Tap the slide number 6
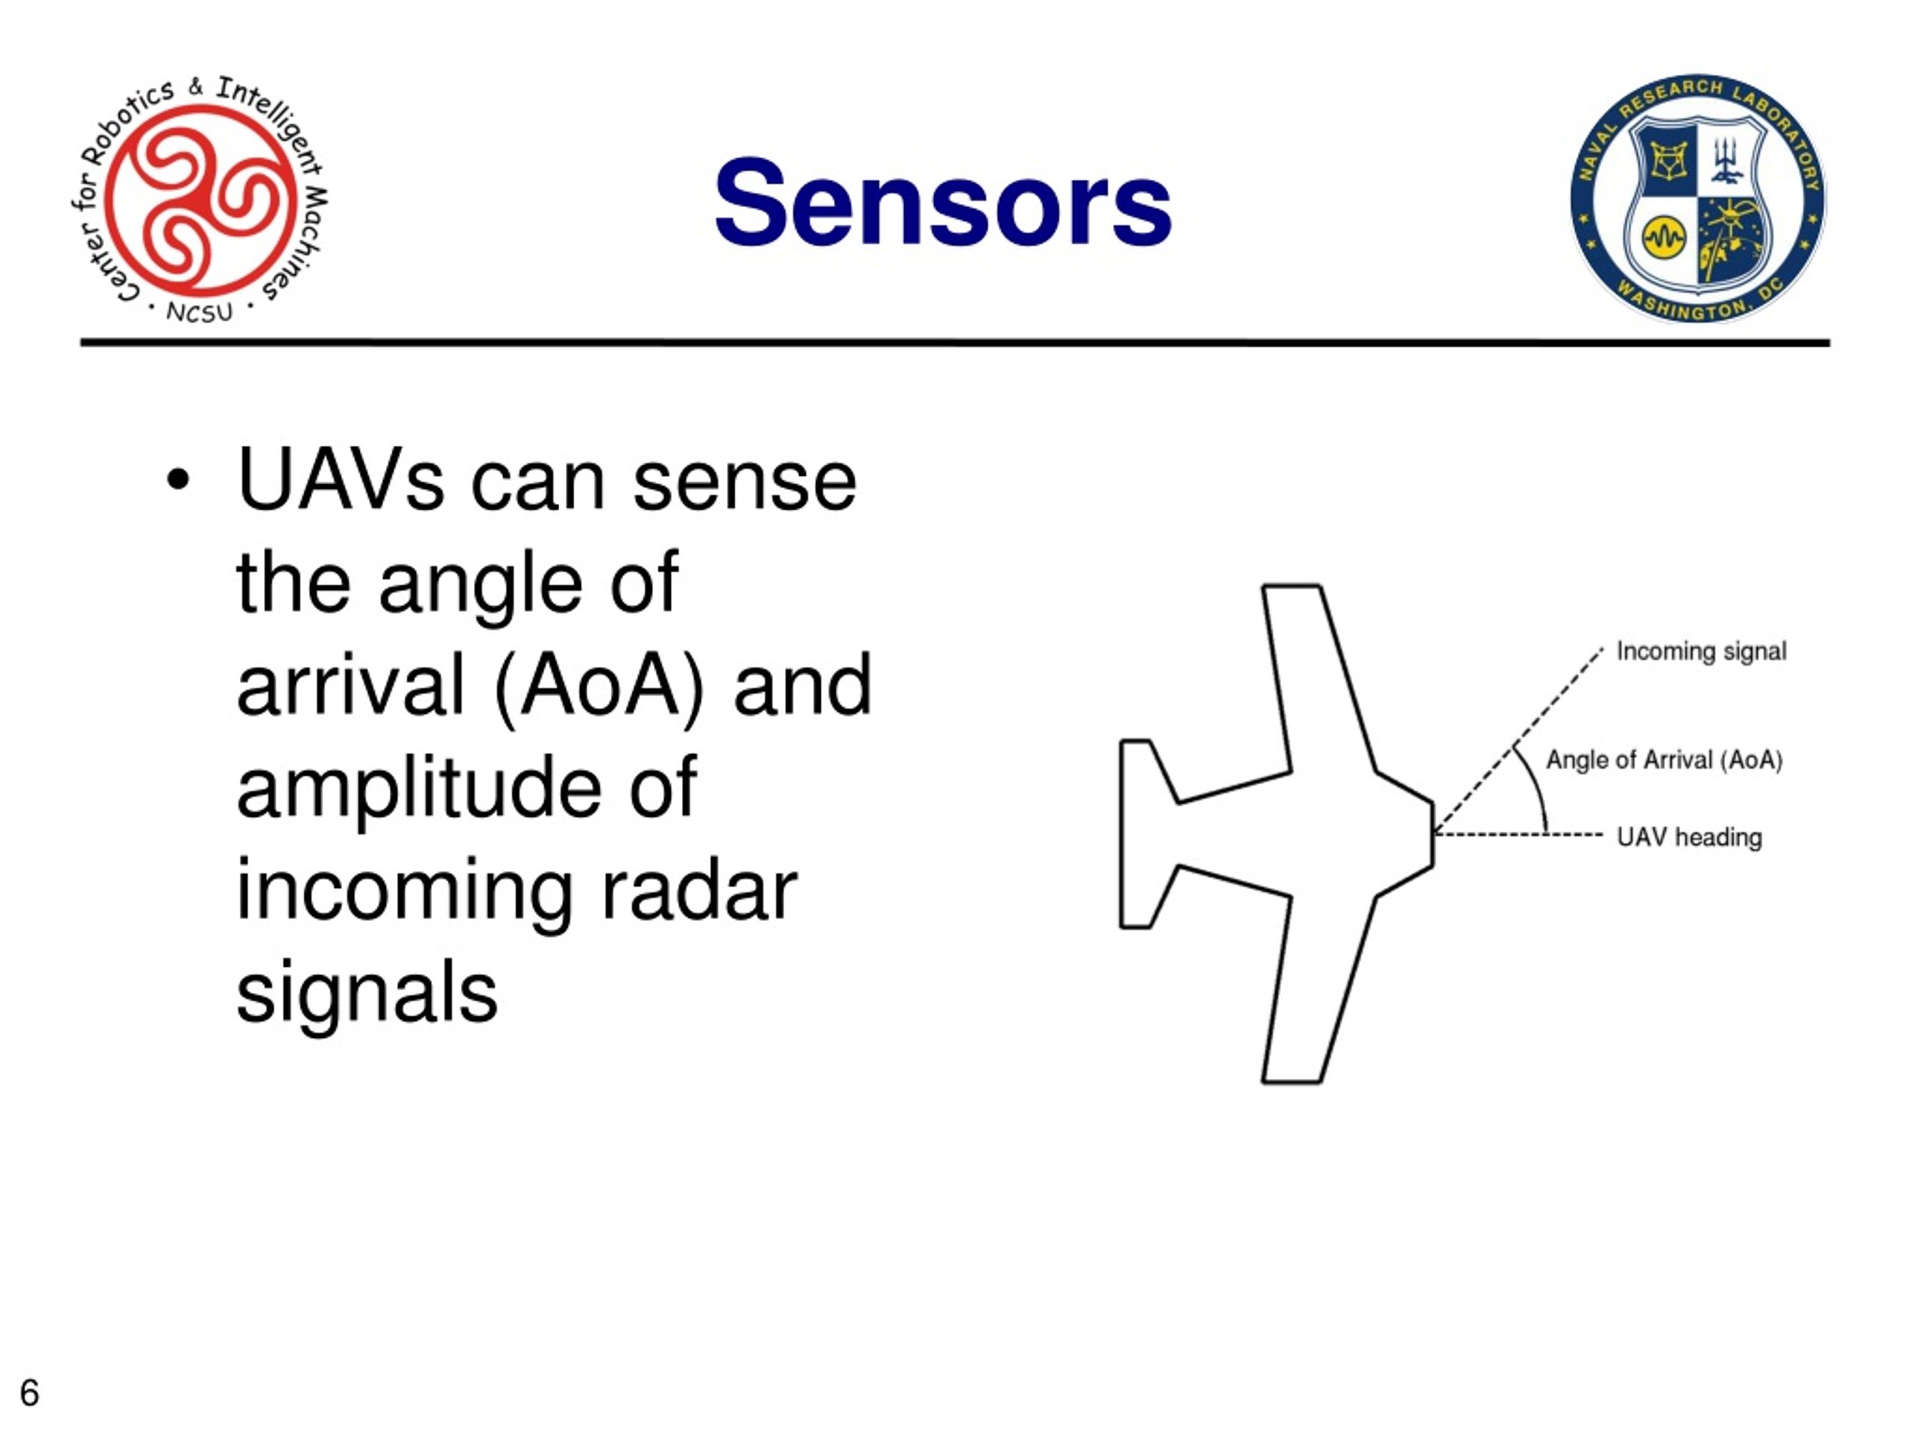(29, 1393)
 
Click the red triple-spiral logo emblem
(200, 197)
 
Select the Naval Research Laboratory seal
(1698, 199)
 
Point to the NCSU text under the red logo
(199, 313)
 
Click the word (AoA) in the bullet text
(600, 685)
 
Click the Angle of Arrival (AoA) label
(1664, 761)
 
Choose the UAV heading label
(1689, 837)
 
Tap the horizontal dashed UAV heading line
(1518, 834)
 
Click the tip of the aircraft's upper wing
(1291, 588)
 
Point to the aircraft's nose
(1433, 834)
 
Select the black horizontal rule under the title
(955, 343)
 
